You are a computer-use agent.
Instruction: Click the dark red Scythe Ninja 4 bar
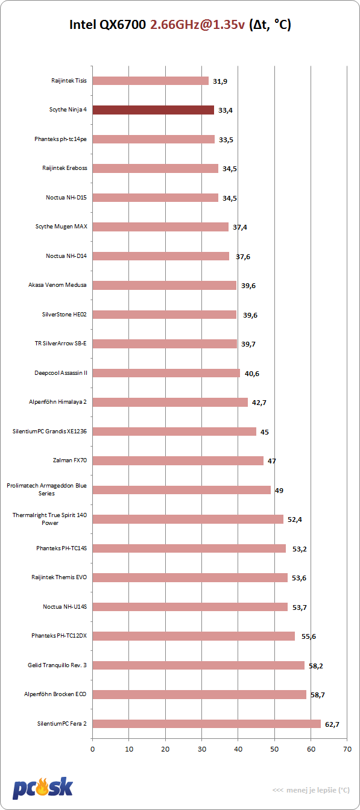[153, 110]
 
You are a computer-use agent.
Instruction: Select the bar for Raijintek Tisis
[151, 81]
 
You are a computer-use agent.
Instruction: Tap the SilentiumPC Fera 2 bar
[207, 724]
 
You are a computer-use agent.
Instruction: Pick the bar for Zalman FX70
[178, 460]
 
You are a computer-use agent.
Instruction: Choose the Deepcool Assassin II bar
[166, 373]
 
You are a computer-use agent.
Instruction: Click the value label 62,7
[332, 724]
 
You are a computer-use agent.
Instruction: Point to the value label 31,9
[220, 81]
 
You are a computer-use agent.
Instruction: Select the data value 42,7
[259, 403]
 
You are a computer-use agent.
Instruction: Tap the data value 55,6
[309, 636]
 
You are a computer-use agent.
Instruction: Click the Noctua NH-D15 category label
[66, 198]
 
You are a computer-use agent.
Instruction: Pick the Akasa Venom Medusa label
[57, 285]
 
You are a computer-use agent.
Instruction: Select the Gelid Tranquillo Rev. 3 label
[57, 665]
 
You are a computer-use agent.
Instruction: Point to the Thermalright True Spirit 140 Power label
[49, 519]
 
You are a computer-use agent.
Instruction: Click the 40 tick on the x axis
[238, 749]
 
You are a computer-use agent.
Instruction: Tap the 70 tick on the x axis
[347, 749]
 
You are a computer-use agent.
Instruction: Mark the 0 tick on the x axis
[93, 749]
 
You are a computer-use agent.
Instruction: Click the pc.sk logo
[43, 788]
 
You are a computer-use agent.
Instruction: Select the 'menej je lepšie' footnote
[311, 790]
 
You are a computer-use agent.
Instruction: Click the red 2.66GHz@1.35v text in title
[198, 25]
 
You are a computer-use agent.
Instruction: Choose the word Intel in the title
[83, 25]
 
